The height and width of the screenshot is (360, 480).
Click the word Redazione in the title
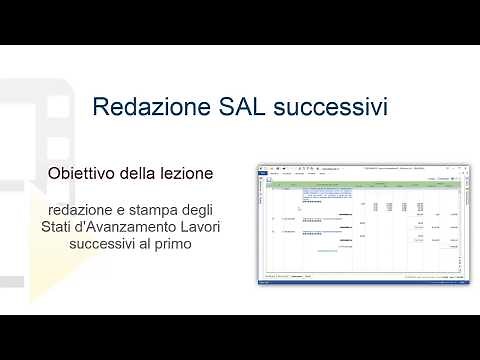145,106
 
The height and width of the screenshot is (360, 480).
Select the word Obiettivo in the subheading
82,173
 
